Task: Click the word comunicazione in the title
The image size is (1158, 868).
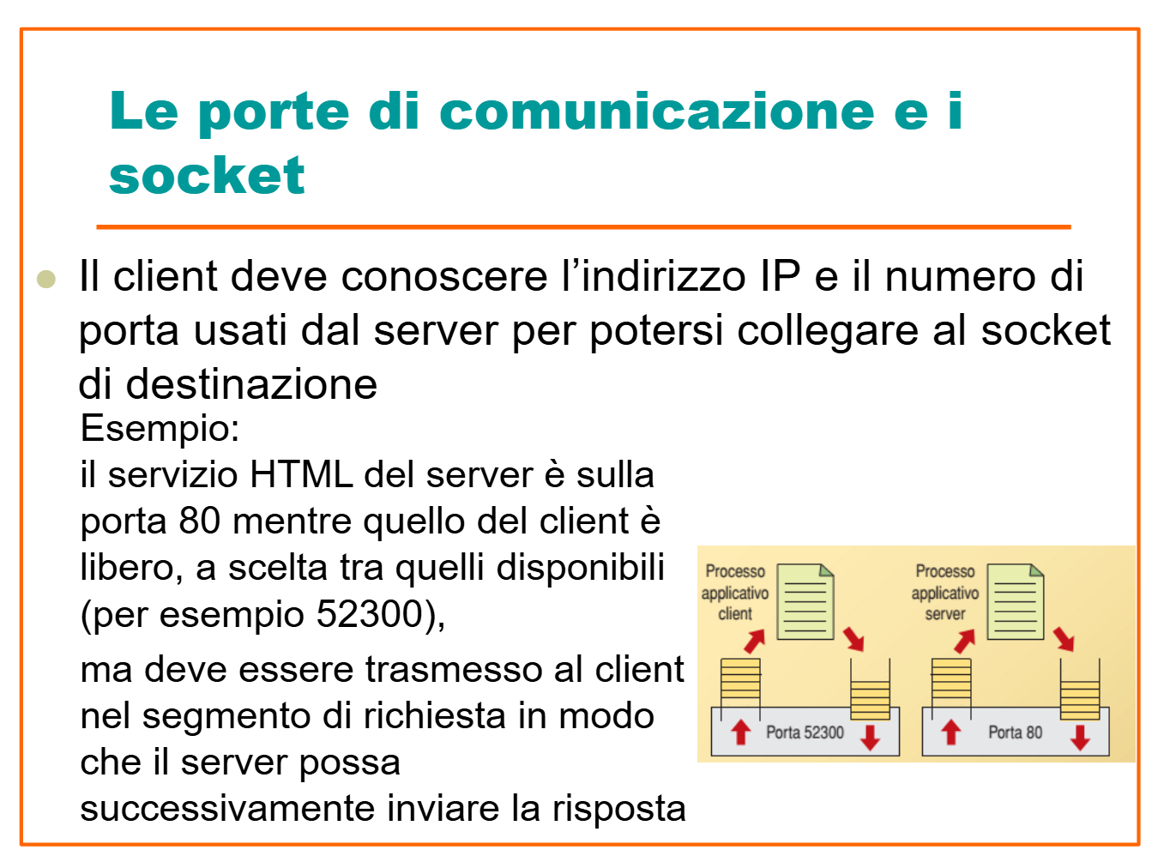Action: coord(656,112)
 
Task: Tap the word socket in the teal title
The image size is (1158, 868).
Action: coord(207,177)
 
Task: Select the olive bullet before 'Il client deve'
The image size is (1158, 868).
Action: coord(46,279)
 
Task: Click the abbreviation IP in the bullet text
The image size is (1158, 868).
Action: coord(780,276)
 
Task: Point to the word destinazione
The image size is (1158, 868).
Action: coord(251,384)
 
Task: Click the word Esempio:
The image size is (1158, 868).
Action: coord(160,428)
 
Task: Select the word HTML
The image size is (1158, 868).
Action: coord(300,475)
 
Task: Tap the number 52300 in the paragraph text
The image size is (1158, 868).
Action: coord(371,614)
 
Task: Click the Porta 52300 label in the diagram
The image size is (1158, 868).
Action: coord(805,732)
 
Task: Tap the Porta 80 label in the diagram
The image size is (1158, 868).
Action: coord(1015,732)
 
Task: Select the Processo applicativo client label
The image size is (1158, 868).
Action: coord(735,593)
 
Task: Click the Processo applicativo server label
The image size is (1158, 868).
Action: coord(944,593)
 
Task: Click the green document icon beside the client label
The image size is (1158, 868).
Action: coord(805,601)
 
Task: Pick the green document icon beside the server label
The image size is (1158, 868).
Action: coord(1016,601)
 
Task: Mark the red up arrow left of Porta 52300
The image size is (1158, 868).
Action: coord(740,732)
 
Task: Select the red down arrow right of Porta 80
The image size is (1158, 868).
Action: coord(1080,736)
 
